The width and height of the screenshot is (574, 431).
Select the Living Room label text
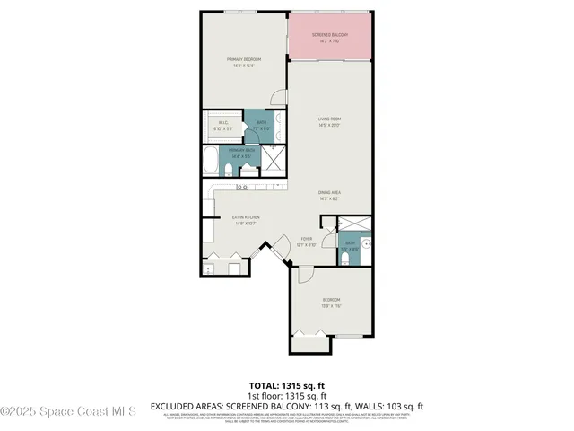(329, 121)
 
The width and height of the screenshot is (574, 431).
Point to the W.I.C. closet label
(221, 127)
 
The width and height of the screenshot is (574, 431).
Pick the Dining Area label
(329, 194)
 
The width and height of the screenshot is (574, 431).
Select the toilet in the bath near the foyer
(344, 259)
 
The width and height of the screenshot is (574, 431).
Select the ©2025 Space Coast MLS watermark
(68, 411)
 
